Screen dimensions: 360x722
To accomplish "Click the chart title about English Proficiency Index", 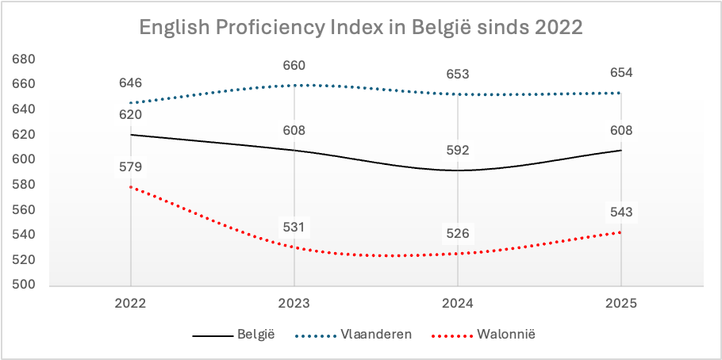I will coord(361,27).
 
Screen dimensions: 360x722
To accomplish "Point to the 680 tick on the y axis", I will coord(24,59).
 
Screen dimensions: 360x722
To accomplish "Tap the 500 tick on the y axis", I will coord(24,285).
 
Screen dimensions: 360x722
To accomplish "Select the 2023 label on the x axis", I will coord(294,303).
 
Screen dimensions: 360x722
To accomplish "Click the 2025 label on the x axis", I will coord(620,303).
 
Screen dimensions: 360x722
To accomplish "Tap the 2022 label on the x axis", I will coord(130,303).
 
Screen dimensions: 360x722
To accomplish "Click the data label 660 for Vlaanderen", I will coord(294,65).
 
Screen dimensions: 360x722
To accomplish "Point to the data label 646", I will coord(130,82).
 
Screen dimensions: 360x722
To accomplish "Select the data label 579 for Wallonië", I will coord(130,167).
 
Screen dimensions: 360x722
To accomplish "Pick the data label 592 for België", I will coord(457,149).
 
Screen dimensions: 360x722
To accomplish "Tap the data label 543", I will coord(620,212).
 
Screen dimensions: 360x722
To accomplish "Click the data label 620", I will coord(130,115).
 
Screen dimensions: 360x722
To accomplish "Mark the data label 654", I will coord(620,73).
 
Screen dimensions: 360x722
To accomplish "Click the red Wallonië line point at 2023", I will coord(294,247).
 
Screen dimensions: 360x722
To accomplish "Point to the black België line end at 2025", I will coord(620,150).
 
